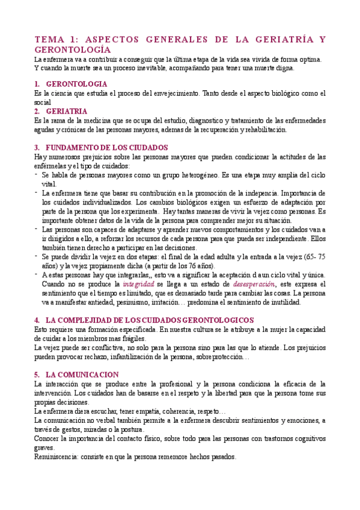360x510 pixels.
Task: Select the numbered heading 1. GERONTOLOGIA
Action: (x=76, y=84)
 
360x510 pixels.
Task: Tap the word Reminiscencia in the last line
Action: (x=55, y=456)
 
